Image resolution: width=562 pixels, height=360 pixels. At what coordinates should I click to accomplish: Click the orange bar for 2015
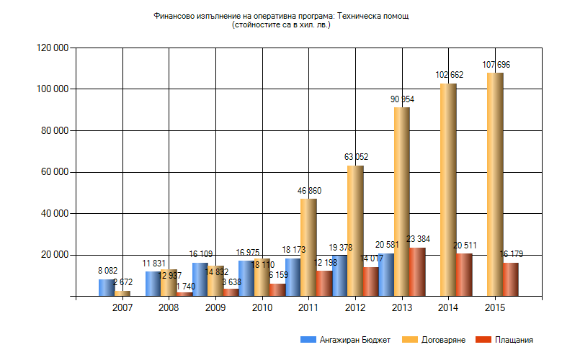[x=495, y=184]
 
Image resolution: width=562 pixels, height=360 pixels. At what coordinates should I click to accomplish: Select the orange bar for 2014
[x=448, y=189]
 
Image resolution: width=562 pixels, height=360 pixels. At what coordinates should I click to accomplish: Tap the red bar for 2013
[x=417, y=271]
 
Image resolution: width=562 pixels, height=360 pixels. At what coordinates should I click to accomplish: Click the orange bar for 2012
[x=355, y=230]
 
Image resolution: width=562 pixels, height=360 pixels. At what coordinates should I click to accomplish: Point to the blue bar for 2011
[x=293, y=276]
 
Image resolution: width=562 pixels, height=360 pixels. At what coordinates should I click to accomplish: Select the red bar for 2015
[x=510, y=279]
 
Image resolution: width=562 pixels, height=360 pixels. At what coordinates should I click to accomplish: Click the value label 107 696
[x=496, y=66]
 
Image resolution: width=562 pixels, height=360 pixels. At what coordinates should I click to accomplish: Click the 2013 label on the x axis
[x=402, y=307]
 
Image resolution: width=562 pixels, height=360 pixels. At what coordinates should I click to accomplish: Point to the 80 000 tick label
[x=51, y=131]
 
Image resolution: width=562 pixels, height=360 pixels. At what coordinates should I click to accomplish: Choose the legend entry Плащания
[x=508, y=339]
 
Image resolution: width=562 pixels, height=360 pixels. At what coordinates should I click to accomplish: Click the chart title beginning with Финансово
[x=281, y=16]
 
